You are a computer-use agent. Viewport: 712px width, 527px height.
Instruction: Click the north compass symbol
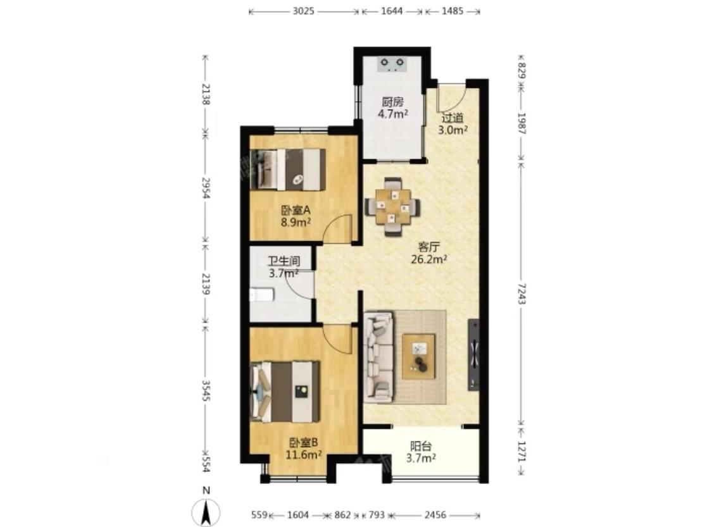click(206, 512)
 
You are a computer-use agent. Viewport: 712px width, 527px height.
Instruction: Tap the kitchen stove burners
click(392, 64)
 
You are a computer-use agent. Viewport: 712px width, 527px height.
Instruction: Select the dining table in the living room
click(393, 206)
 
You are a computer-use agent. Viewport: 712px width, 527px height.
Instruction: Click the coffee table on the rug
click(418, 356)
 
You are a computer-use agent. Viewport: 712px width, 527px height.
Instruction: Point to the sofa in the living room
click(378, 356)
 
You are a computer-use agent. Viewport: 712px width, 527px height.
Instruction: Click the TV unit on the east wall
click(473, 355)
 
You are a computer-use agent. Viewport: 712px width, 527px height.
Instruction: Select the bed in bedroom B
click(285, 392)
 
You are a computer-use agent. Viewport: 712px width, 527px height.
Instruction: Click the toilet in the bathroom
click(261, 295)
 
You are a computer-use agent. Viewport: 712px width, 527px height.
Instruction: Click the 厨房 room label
click(392, 102)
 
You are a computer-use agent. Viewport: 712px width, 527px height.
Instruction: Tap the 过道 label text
click(453, 118)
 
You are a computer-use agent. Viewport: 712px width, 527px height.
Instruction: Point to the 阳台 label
click(421, 446)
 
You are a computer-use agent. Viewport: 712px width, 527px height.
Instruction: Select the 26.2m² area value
click(429, 259)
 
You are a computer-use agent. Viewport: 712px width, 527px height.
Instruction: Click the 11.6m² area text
click(304, 454)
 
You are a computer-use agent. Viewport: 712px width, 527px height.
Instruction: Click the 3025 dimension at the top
click(303, 11)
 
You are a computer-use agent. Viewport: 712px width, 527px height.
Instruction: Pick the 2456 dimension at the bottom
click(435, 515)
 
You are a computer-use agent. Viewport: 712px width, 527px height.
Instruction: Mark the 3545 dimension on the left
click(206, 391)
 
